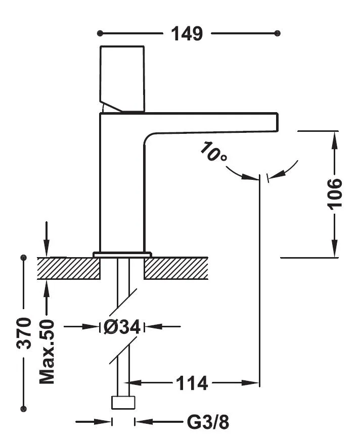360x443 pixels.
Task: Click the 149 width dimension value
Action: click(x=187, y=34)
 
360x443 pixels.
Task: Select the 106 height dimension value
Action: click(x=334, y=193)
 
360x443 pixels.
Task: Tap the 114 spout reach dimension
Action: click(x=192, y=383)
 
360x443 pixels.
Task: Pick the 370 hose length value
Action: click(x=24, y=333)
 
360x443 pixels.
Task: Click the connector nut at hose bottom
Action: click(x=123, y=403)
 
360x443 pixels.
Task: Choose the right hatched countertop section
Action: click(x=176, y=268)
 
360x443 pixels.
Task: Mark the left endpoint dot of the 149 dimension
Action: click(x=100, y=33)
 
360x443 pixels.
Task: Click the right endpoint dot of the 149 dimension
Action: click(x=277, y=33)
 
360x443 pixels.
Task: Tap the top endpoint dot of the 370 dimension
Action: click(x=23, y=258)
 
